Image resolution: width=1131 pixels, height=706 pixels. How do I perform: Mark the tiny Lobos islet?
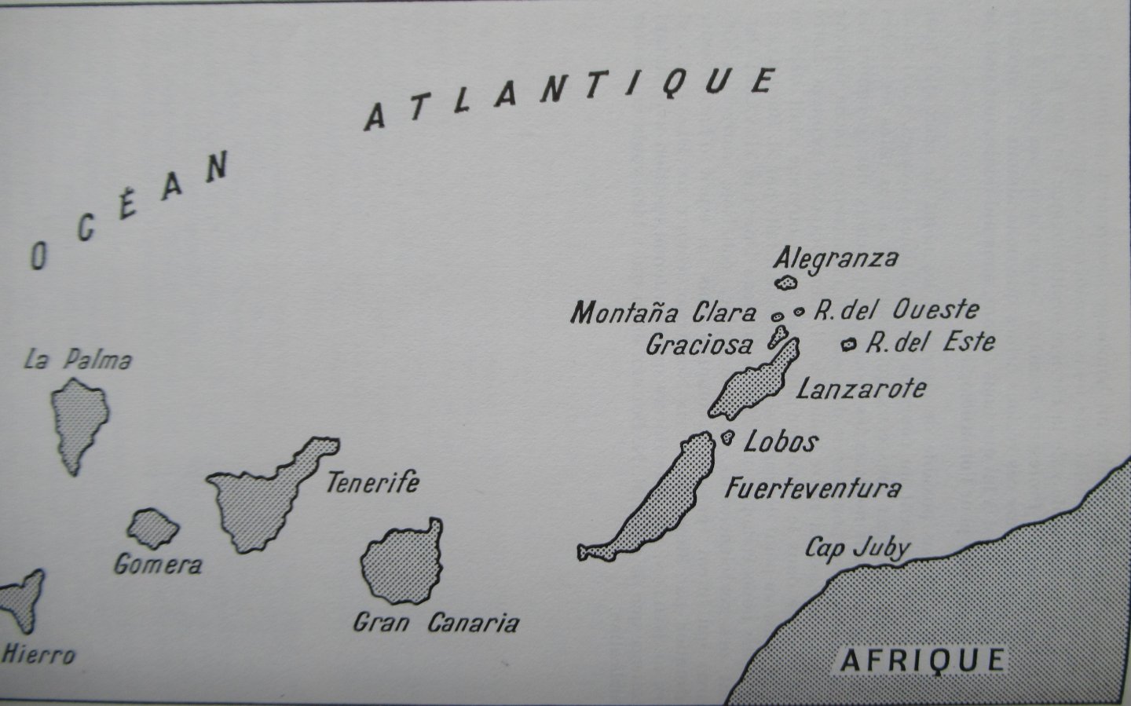728,438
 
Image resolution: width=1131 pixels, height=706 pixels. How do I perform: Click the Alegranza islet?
785,282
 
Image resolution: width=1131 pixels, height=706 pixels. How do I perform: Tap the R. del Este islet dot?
848,344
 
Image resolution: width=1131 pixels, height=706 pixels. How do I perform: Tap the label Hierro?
39,653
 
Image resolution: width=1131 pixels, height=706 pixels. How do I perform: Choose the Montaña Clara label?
663,313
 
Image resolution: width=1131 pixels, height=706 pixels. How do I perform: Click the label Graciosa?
698,344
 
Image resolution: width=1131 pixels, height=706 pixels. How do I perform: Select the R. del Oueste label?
895,310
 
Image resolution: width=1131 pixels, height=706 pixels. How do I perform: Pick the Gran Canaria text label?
436,624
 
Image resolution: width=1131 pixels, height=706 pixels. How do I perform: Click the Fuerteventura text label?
812,488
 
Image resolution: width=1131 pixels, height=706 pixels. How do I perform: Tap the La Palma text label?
78,360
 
